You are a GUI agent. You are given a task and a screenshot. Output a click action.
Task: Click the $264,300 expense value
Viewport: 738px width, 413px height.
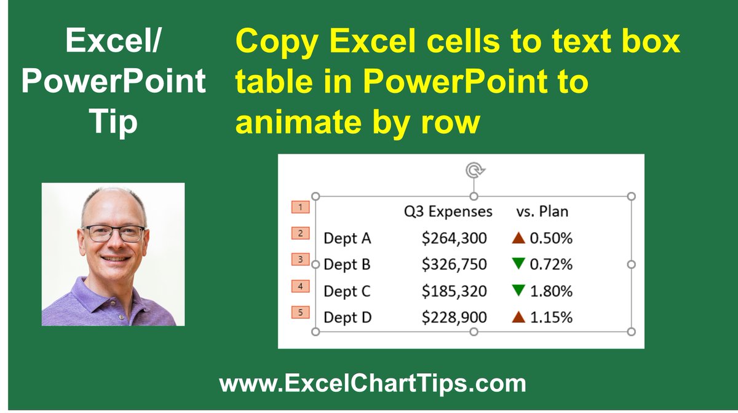454,238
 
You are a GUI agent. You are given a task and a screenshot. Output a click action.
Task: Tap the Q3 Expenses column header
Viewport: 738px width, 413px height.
448,211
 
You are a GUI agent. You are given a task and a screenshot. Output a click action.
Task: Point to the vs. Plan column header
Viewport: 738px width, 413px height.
542,211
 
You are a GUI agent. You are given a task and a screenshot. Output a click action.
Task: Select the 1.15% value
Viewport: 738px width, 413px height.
551,317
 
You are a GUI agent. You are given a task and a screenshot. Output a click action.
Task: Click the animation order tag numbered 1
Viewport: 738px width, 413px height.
300,207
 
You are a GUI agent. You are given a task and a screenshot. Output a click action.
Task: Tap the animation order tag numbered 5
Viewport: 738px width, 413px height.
300,313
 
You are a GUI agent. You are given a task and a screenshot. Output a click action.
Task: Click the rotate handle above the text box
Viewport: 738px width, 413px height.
473,170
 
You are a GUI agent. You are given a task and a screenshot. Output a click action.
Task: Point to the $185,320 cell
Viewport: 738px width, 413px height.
454,291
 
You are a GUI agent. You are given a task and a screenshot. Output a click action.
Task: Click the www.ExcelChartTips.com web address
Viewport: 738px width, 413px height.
373,384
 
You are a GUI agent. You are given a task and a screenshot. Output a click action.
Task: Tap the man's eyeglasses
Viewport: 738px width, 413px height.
113,234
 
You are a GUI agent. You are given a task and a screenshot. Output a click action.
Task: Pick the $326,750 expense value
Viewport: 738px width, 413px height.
454,264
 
